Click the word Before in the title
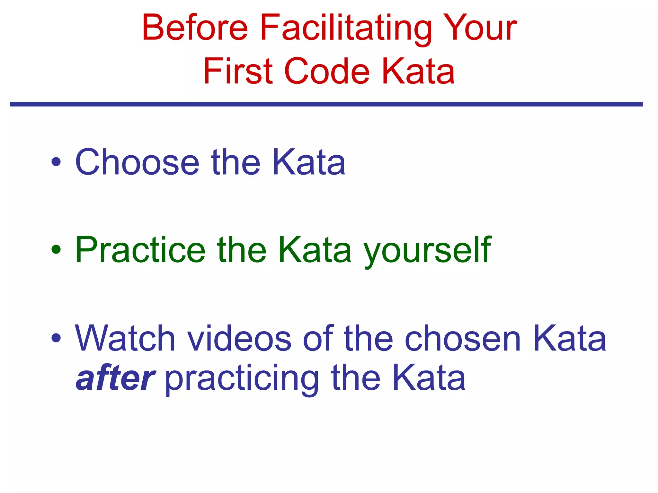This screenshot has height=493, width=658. click(x=195, y=28)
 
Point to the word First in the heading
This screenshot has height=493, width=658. click(x=238, y=71)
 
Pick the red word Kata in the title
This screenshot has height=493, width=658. click(x=418, y=71)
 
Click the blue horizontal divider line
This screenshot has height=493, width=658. click(x=326, y=104)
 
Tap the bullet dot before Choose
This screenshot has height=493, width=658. click(x=56, y=162)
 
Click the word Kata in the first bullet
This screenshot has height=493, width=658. click(x=309, y=162)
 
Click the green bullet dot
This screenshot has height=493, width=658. click(x=56, y=249)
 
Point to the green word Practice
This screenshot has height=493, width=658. click(x=140, y=250)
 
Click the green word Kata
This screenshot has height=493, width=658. click(x=315, y=250)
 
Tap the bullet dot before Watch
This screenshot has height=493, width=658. click(x=56, y=338)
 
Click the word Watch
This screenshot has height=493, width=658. click(x=125, y=338)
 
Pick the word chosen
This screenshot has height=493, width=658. click(x=463, y=338)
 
